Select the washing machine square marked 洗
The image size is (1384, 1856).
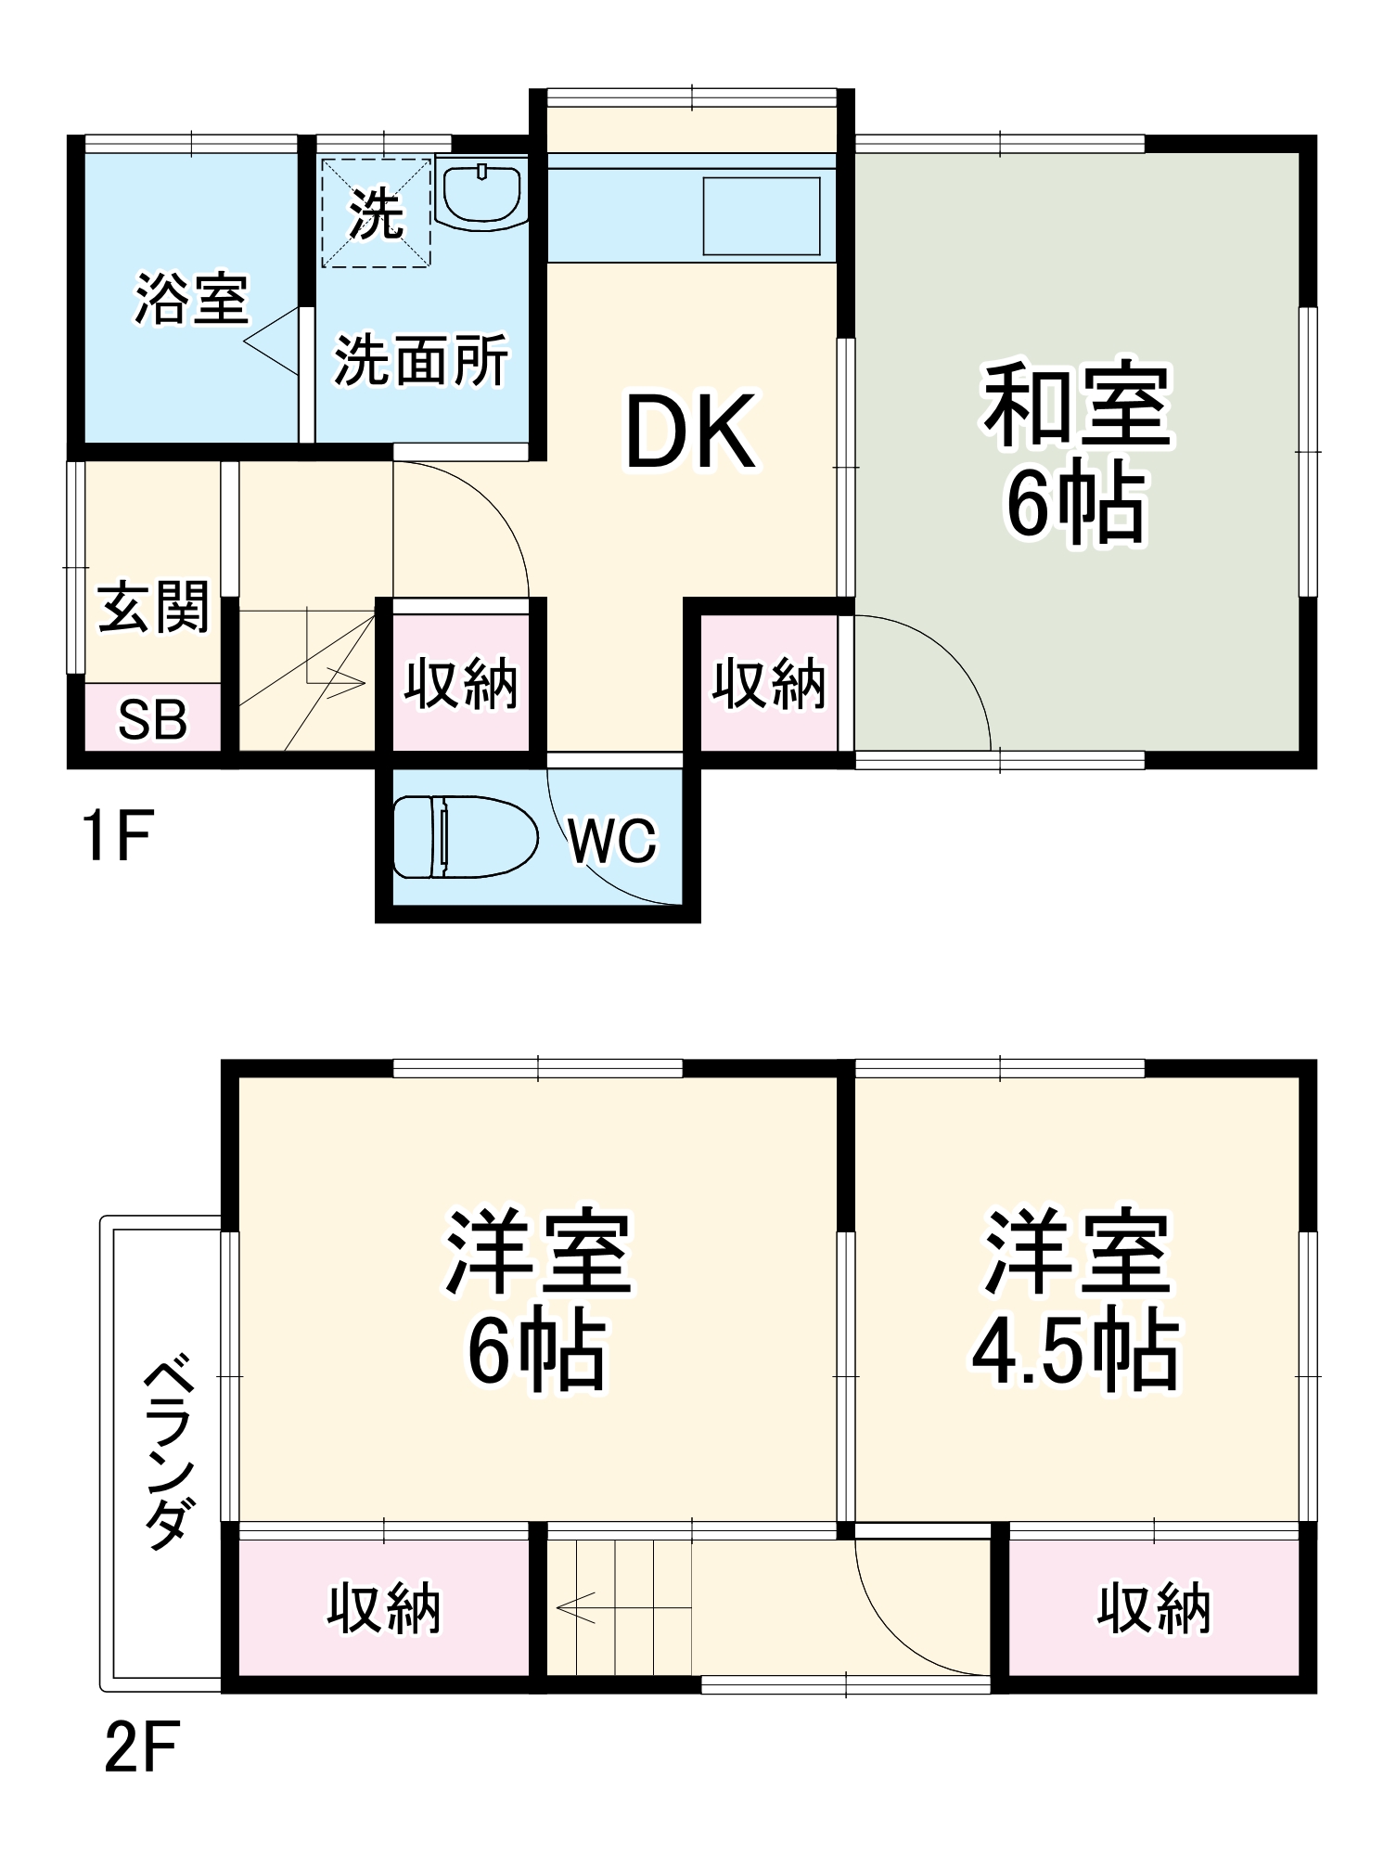click(376, 213)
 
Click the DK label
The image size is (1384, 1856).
click(690, 432)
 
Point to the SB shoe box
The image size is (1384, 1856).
click(153, 718)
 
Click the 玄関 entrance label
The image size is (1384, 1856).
click(154, 608)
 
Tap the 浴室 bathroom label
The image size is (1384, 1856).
click(191, 299)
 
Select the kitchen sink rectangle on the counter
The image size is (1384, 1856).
click(761, 215)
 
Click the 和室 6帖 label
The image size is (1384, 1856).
click(1076, 453)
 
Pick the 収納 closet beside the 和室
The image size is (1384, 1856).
click(768, 684)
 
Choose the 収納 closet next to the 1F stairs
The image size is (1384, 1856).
click(460, 684)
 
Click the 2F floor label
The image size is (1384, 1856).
click(141, 1746)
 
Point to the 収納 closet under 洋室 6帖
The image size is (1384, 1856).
click(383, 1608)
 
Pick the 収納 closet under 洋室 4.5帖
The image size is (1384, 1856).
click(1153, 1608)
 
